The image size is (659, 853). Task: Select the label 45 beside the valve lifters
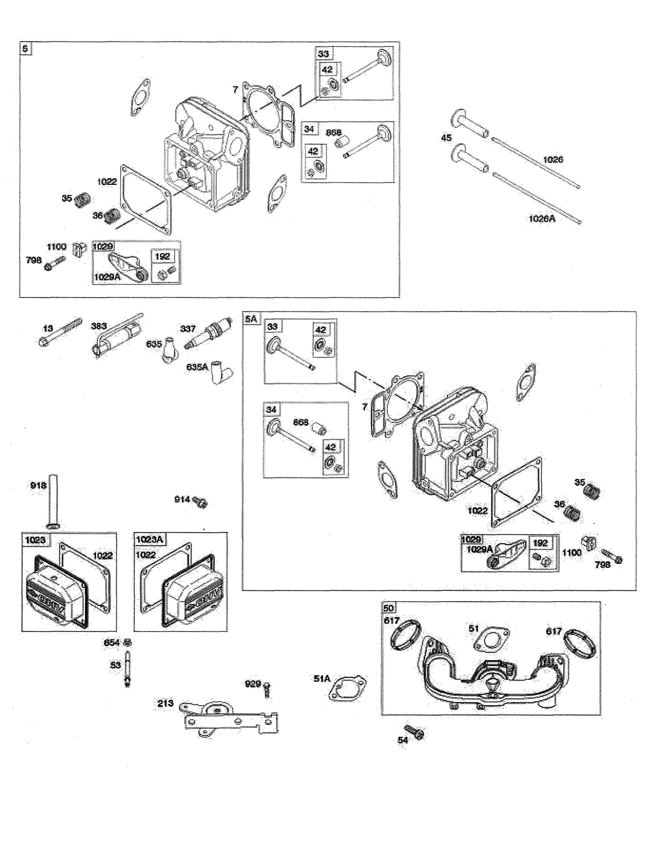point(446,138)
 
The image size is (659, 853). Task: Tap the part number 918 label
point(38,485)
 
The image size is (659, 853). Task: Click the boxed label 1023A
point(149,540)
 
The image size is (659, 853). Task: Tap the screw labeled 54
point(415,732)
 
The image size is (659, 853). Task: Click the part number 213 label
point(165,703)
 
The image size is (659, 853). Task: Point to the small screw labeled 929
point(267,690)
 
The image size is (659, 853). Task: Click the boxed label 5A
point(251,319)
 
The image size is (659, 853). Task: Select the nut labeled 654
point(127,643)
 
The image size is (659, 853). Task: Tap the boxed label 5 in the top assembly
point(25,49)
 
